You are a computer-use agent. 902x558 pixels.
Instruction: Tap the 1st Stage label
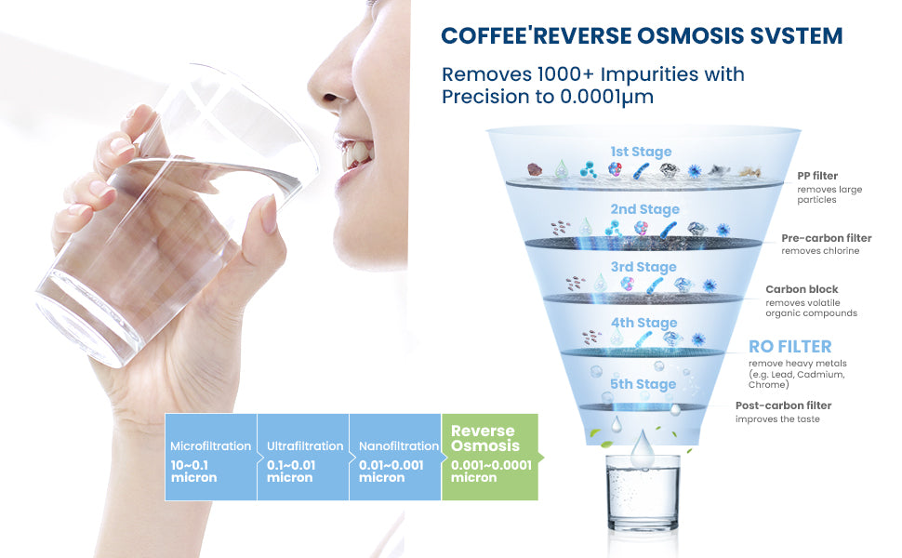pyautogui.click(x=641, y=152)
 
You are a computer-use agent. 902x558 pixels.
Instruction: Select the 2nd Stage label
pyautogui.click(x=644, y=209)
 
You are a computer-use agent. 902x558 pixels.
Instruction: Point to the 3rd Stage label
pyautogui.click(x=644, y=267)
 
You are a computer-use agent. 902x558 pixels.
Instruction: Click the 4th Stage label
pyautogui.click(x=643, y=323)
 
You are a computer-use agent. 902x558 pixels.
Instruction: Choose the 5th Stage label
pyautogui.click(x=643, y=384)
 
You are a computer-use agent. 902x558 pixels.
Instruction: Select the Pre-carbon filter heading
pyautogui.click(x=826, y=238)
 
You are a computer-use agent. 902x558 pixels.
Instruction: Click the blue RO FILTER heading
pyautogui.click(x=790, y=347)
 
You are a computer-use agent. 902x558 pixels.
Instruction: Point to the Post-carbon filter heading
pyautogui.click(x=783, y=405)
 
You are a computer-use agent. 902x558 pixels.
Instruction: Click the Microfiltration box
pyautogui.click(x=210, y=458)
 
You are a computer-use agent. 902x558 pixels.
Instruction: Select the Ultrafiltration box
pyautogui.click(x=303, y=458)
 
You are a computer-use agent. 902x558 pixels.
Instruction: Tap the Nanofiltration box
pyautogui.click(x=395, y=458)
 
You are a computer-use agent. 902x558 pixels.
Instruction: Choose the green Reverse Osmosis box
pyautogui.click(x=490, y=458)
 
